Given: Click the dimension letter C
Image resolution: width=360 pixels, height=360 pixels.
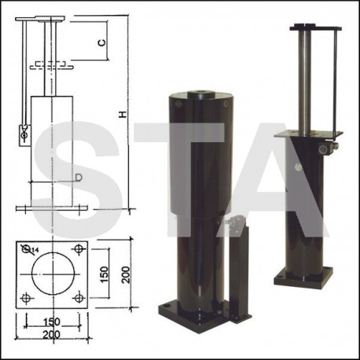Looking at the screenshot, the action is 102,42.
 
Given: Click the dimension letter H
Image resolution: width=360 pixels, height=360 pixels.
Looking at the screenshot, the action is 123,114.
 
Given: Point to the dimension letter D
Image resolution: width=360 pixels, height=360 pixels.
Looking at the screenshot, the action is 79,178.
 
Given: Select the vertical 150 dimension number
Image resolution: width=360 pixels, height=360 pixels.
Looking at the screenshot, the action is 105,274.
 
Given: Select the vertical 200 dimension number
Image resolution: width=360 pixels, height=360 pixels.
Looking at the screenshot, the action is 126,274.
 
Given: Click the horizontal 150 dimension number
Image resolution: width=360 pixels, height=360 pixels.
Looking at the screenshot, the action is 52,321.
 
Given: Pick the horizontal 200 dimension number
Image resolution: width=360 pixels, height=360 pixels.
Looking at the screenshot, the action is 52,335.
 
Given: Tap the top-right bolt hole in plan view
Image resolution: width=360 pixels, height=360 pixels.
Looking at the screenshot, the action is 79,248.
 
